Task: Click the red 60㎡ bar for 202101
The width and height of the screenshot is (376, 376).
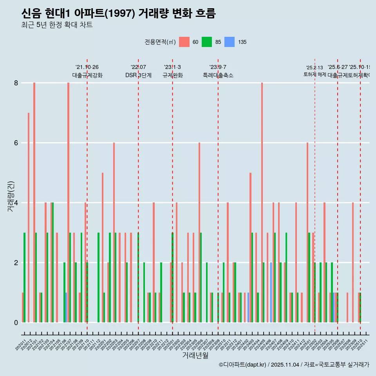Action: click(x=34, y=202)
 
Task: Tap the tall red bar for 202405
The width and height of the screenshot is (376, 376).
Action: click(x=262, y=202)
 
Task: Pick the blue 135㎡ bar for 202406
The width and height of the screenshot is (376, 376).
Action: click(x=271, y=292)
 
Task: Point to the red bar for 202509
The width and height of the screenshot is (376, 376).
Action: click(x=353, y=262)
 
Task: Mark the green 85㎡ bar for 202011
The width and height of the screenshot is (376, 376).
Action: click(x=25, y=277)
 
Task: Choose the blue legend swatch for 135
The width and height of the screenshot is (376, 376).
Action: click(x=230, y=42)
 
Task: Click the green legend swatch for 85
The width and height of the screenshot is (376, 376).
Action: click(x=207, y=42)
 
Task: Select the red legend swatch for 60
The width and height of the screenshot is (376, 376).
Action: click(x=184, y=42)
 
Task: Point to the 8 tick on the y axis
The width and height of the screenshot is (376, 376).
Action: click(x=16, y=83)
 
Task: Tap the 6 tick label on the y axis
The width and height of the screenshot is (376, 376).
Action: click(x=16, y=143)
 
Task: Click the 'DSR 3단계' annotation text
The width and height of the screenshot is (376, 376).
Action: click(x=138, y=75)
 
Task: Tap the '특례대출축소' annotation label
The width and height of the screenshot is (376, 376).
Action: click(x=218, y=75)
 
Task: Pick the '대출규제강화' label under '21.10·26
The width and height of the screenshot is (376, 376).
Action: click(x=87, y=75)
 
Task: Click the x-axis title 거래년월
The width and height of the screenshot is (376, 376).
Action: click(x=195, y=356)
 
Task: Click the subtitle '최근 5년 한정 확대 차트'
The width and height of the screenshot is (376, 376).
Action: click(x=57, y=25)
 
